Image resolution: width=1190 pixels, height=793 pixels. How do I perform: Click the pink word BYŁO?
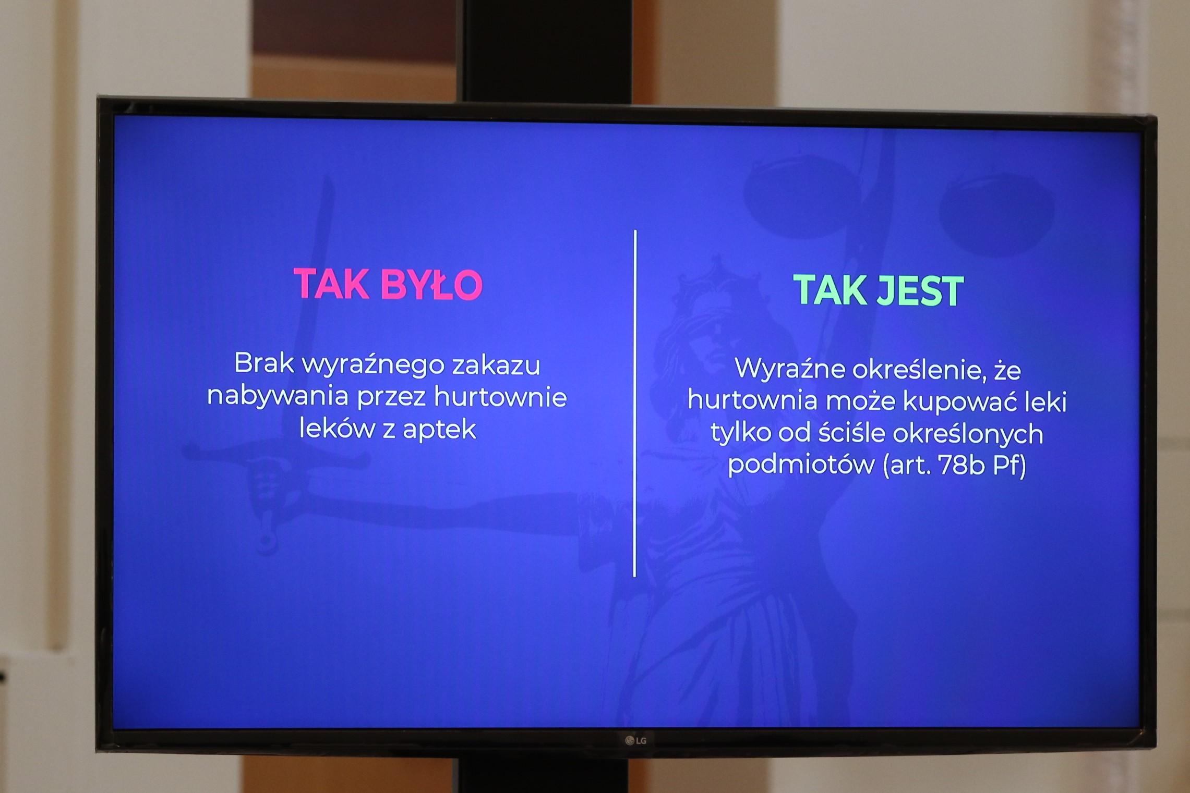(x=431, y=284)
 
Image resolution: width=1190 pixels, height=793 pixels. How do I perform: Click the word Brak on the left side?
(x=264, y=363)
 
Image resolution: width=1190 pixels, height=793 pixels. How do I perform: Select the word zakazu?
(x=496, y=364)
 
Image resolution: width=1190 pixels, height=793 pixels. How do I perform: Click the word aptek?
(x=439, y=430)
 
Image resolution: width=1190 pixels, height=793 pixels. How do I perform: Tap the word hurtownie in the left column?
(x=500, y=397)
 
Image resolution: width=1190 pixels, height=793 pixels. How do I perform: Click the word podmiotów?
(x=801, y=465)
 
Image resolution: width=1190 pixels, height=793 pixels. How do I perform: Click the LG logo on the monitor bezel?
(x=636, y=740)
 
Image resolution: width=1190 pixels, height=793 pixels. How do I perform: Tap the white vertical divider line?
(x=635, y=403)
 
